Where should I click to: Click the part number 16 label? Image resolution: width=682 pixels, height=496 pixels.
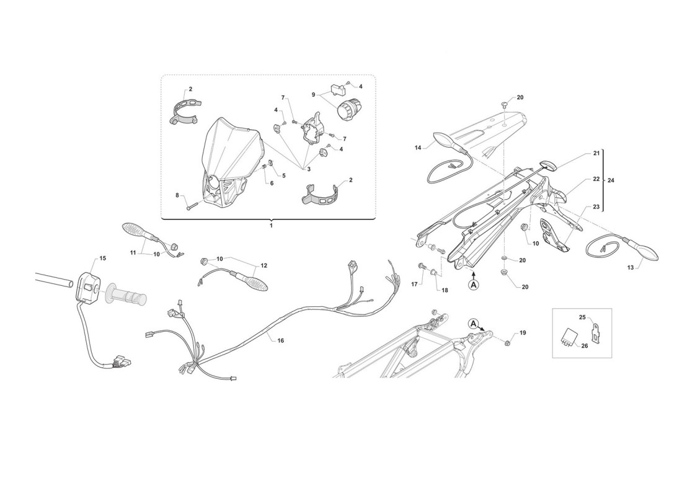pyautogui.click(x=280, y=340)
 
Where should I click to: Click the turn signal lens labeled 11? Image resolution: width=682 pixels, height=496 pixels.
pyautogui.click(x=137, y=230)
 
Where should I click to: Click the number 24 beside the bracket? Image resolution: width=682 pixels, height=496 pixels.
pyautogui.click(x=611, y=180)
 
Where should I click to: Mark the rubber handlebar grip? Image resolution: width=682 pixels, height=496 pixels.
pyautogui.click(x=125, y=294)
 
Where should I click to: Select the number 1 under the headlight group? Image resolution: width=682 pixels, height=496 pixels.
pyautogui.click(x=270, y=226)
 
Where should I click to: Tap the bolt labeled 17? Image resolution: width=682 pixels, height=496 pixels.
pyautogui.click(x=422, y=265)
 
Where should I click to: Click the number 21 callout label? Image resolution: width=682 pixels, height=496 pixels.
pyautogui.click(x=596, y=153)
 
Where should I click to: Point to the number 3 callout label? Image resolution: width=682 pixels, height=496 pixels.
pyautogui.click(x=308, y=169)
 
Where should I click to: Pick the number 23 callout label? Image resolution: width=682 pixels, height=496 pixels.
pyautogui.click(x=596, y=207)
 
